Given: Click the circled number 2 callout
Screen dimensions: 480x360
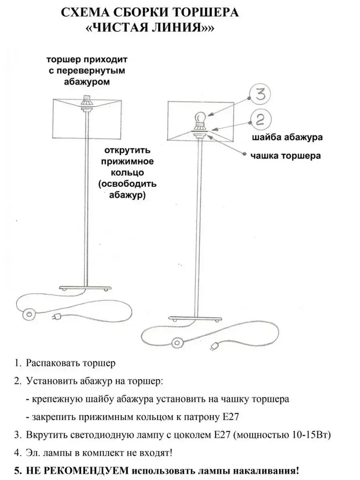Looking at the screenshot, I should click(x=260, y=120).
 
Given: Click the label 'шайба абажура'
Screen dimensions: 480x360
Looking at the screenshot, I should click(x=288, y=138).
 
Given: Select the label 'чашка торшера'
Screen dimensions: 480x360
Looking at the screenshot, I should click(x=286, y=155).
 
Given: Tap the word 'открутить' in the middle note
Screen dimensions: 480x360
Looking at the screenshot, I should click(x=128, y=151).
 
